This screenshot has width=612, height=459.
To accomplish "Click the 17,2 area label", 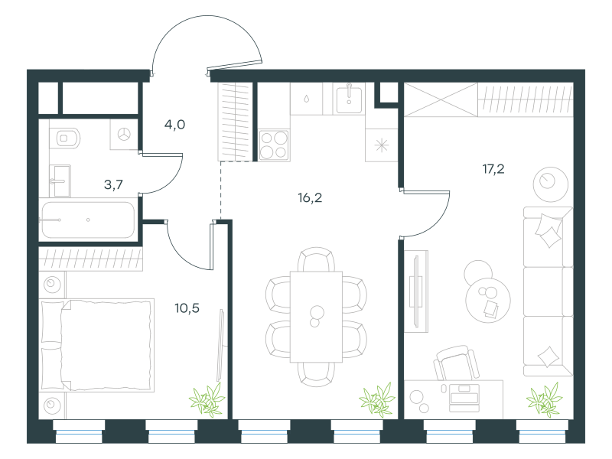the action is click(x=493, y=169).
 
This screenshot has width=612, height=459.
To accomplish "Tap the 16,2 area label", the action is click(x=310, y=198).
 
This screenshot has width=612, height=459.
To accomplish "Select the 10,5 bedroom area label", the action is click(x=187, y=308).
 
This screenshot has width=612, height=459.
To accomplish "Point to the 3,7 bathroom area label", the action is click(x=113, y=184).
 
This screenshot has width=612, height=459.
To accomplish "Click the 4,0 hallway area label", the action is click(x=174, y=125).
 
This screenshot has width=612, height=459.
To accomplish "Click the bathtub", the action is click(x=87, y=220).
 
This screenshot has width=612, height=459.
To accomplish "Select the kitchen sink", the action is click(x=349, y=99).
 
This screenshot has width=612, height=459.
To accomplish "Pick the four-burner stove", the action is click(x=274, y=145).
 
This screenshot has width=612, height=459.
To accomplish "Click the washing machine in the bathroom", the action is click(x=124, y=135).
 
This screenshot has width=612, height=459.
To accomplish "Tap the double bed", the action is click(x=96, y=345).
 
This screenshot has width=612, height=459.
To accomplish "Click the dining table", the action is click(x=316, y=317).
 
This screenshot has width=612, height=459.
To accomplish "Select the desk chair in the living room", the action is click(x=456, y=362).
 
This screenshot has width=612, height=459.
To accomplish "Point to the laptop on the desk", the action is click(x=464, y=397).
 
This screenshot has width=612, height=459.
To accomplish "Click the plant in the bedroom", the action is click(x=207, y=399).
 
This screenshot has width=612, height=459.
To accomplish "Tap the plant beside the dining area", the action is click(x=377, y=399).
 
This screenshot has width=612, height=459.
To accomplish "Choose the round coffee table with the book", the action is click(x=488, y=300).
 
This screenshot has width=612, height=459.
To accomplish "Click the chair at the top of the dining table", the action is click(x=316, y=259).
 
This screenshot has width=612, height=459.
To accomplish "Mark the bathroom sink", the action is click(x=60, y=181).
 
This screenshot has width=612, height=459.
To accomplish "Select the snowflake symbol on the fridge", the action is click(x=381, y=145).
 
